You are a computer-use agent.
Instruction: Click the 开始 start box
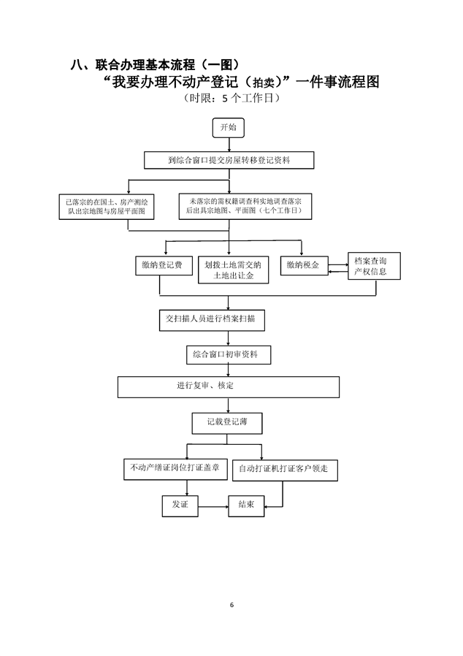229,128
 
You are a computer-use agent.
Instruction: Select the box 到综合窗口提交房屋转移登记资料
229,160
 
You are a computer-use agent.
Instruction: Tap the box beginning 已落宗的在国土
107,206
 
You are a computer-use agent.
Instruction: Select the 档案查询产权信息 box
375,267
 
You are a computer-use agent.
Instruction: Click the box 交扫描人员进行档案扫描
212,319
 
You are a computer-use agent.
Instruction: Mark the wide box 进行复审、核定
229,386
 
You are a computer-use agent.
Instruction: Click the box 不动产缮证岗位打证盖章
175,468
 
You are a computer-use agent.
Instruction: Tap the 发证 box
180,505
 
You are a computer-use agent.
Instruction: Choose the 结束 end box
246,505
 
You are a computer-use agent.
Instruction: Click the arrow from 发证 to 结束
213,506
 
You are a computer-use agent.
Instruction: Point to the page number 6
231,605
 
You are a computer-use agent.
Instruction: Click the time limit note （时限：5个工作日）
231,98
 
